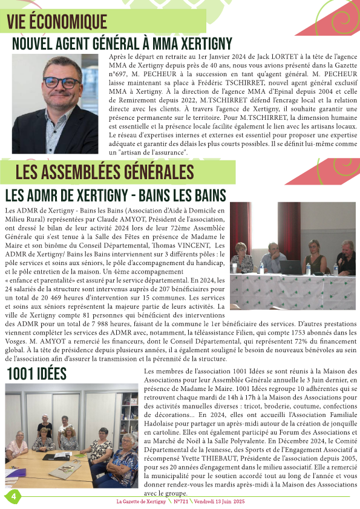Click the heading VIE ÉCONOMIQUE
(57, 22)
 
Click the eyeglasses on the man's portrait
(54, 83)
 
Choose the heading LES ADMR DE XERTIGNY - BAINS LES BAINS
(116, 195)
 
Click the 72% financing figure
(275, 341)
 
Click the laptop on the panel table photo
(290, 267)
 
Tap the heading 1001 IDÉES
(36, 374)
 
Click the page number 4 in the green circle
(11, 496)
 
